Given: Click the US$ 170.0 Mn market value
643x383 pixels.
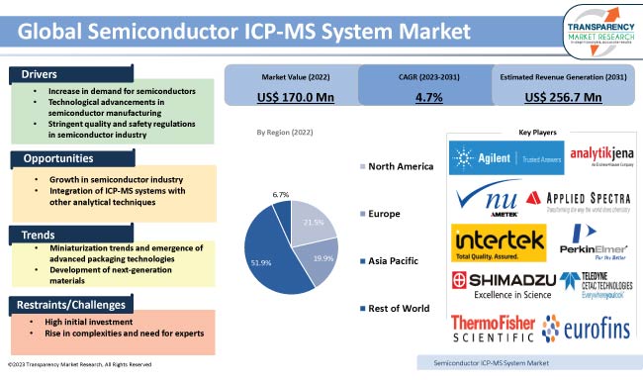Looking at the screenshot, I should pos(293,97).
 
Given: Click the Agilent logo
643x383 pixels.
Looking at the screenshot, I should pos(492,155).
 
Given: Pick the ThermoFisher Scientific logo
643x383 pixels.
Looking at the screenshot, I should pos(492,329).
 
